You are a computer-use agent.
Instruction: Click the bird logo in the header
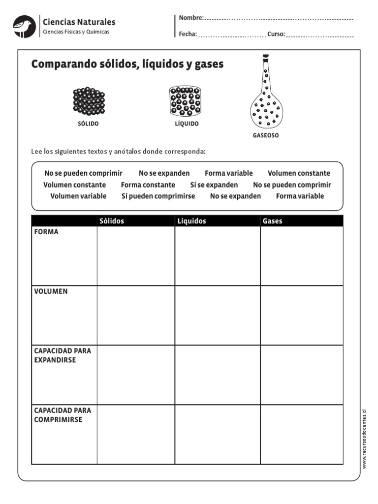pos(24,26)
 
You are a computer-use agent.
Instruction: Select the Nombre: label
pos(191,18)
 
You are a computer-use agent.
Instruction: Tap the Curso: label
pos(276,34)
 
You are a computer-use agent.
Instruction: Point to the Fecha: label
pos(188,34)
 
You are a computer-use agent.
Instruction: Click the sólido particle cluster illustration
pos(89,101)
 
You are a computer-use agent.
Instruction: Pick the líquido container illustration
pos(186,101)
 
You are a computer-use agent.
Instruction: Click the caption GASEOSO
pos(265,135)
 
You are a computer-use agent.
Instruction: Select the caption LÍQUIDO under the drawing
pos(187,124)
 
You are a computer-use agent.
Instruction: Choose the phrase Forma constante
pos(148,185)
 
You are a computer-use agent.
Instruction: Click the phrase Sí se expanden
pos(214,185)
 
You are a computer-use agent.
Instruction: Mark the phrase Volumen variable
pos(78,196)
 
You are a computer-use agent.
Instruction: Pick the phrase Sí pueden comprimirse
pos(158,196)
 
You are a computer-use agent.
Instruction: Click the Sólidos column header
pos(112,221)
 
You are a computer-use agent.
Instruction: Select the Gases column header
pos(273,221)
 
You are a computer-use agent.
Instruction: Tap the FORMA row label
pos(46,232)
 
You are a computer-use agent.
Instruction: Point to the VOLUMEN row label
pos(51,291)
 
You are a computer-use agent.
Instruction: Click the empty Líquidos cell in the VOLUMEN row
pos(217,315)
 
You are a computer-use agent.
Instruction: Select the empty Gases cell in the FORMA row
pos(301,255)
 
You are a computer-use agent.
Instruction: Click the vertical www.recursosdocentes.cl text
pos(365,438)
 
